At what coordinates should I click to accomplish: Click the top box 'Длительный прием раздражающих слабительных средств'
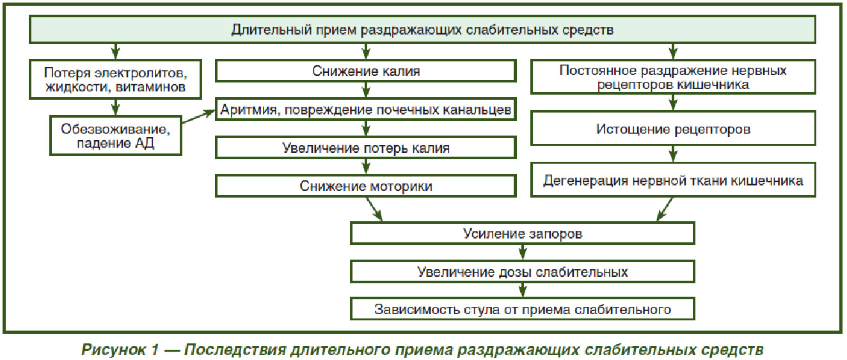click(422, 29)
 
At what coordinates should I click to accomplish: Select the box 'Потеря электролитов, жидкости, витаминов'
click(115, 79)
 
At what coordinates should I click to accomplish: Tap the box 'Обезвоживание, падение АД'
click(116, 136)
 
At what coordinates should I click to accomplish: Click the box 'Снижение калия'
click(366, 70)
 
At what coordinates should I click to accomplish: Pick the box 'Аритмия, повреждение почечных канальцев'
click(366, 109)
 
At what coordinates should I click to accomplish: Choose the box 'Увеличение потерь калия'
click(366, 148)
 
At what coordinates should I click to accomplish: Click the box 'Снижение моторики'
click(366, 186)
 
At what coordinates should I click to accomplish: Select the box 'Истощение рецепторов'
click(673, 129)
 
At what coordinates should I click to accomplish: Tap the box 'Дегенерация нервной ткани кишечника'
click(673, 180)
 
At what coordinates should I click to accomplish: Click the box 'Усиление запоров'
click(523, 233)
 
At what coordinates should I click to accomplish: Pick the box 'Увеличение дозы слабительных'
click(523, 272)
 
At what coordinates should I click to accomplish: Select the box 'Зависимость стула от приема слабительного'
click(523, 309)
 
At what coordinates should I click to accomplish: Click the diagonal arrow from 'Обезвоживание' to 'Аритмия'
click(198, 116)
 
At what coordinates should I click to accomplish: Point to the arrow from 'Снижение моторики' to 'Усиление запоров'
click(374, 209)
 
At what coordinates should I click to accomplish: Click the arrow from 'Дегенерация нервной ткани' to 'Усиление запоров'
click(665, 209)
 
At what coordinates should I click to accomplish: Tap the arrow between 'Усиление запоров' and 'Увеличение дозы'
click(523, 253)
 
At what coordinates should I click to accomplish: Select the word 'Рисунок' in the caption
click(113, 349)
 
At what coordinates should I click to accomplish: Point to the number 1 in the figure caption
click(155, 349)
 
